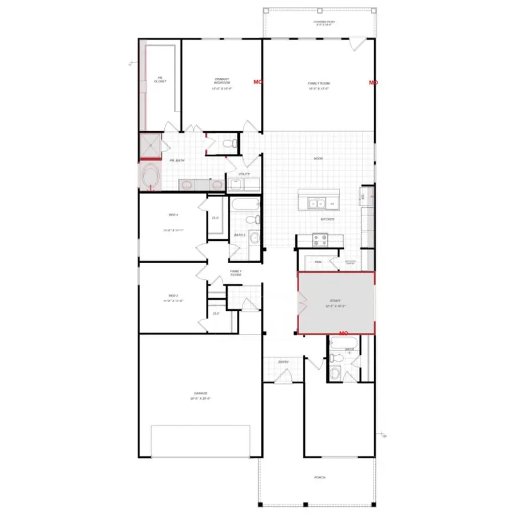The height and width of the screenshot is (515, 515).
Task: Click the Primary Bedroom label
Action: [222, 81]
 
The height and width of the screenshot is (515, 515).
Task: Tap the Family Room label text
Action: [319, 84]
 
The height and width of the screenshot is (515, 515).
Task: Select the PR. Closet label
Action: [160, 80]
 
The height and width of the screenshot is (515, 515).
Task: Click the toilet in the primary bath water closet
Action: [229, 143]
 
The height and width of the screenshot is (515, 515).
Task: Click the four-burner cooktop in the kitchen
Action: [319, 241]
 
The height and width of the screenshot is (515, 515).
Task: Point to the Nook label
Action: [318, 159]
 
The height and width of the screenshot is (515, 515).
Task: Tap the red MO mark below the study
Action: [344, 332]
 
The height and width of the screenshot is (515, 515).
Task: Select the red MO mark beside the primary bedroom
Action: [257, 82]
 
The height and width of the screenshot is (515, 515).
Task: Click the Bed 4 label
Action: [173, 215]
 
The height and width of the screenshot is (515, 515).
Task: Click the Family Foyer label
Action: [236, 273]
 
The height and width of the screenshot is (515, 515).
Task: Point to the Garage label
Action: [200, 393]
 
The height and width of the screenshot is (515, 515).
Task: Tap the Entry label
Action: [283, 362]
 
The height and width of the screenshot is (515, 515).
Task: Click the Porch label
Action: [319, 477]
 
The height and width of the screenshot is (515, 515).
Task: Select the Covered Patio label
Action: [323, 23]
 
